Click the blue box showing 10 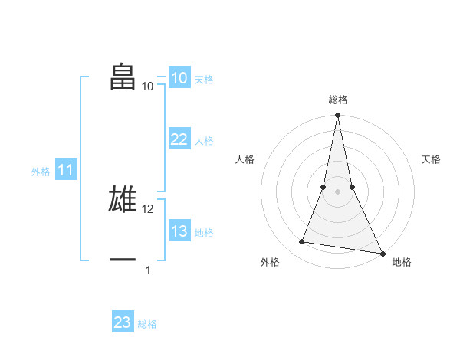(179, 78)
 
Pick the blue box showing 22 (179, 139)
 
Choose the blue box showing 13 (179, 231)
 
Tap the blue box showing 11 (65, 171)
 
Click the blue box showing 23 (123, 322)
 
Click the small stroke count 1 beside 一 (148, 270)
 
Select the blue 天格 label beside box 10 (204, 80)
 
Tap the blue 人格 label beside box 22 (204, 141)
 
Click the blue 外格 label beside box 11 (41, 172)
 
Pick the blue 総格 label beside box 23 (147, 324)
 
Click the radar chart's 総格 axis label (337, 100)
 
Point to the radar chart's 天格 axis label (431, 159)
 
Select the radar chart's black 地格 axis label (402, 263)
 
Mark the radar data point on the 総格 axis (337, 116)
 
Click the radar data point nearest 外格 (302, 242)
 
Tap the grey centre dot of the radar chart (337, 191)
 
